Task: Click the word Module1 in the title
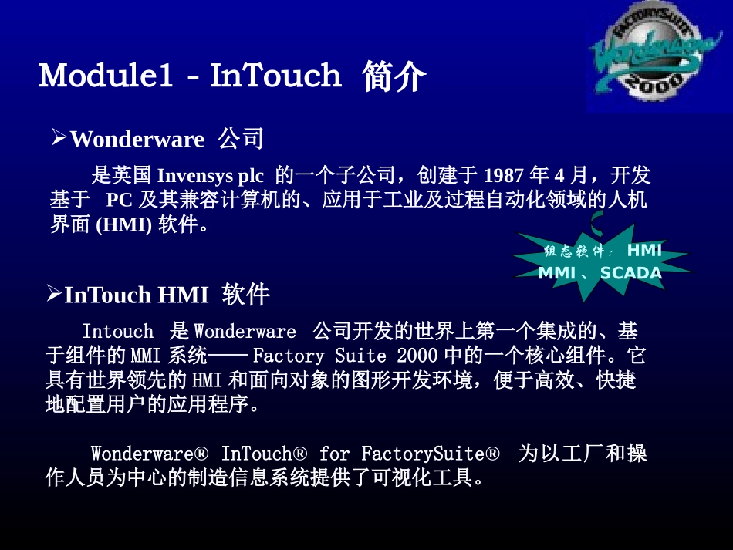point(106,76)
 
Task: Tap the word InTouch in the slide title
point(275,76)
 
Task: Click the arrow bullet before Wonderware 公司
point(59,138)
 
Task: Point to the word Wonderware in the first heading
point(137,140)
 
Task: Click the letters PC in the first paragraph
point(120,200)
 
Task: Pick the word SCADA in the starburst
point(630,273)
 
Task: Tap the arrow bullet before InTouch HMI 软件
point(53,293)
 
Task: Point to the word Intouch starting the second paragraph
point(118,332)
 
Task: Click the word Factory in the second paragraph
point(289,356)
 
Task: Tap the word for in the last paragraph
point(333,453)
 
